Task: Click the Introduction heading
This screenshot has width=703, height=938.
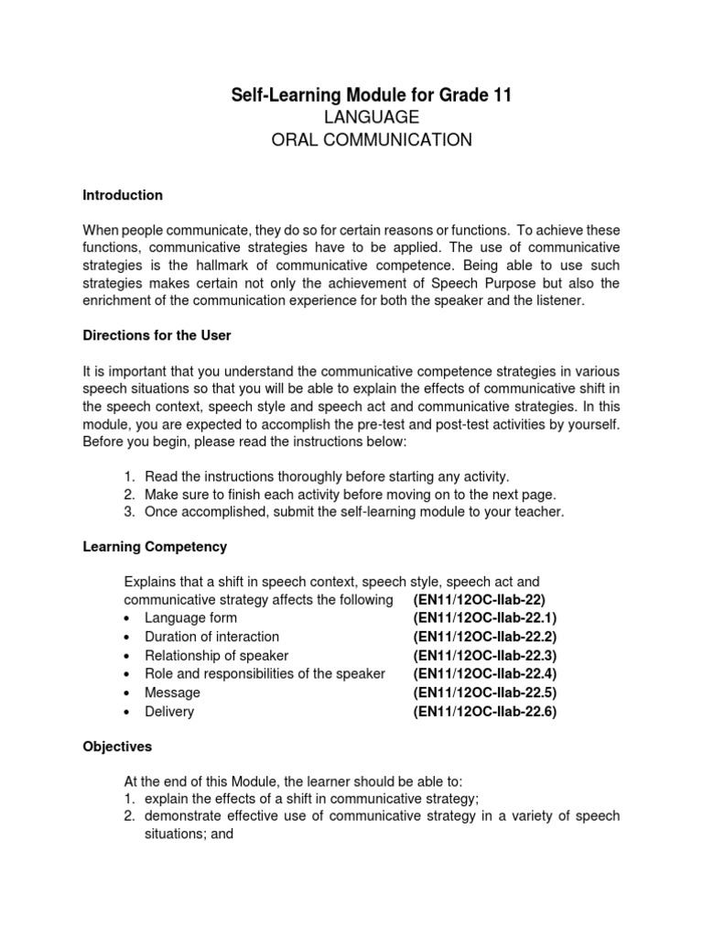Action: click(123, 195)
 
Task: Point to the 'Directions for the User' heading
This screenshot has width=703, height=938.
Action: click(157, 335)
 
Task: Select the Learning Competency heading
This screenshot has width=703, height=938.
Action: click(155, 547)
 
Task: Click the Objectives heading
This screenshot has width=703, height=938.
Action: click(117, 747)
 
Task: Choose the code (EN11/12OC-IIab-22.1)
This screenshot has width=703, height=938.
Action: click(485, 617)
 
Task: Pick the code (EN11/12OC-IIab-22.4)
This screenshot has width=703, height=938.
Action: click(485, 673)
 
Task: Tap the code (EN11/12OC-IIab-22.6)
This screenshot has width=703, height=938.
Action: click(485, 711)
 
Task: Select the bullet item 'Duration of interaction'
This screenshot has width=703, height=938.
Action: click(211, 636)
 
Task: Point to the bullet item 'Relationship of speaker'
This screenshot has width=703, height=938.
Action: click(216, 655)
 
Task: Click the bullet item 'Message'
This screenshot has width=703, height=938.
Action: click(172, 693)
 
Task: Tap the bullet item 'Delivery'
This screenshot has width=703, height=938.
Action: click(169, 711)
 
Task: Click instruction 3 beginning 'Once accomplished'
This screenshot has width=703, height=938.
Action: click(354, 512)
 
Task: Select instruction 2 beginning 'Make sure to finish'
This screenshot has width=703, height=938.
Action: click(350, 495)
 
